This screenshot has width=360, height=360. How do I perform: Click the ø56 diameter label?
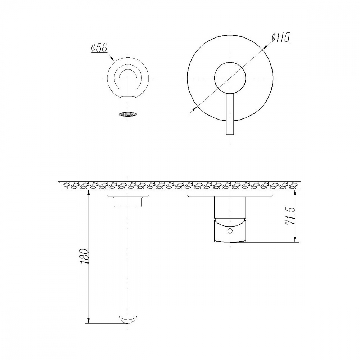pos(99,48)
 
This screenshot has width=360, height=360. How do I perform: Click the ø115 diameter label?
pos(280,37)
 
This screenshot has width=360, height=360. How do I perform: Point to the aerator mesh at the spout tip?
pos(128,114)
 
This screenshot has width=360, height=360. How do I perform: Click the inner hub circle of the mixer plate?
pos(230,78)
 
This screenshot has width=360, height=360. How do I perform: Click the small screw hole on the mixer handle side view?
pos(230,230)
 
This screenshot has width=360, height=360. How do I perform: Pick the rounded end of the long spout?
pos(128,319)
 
